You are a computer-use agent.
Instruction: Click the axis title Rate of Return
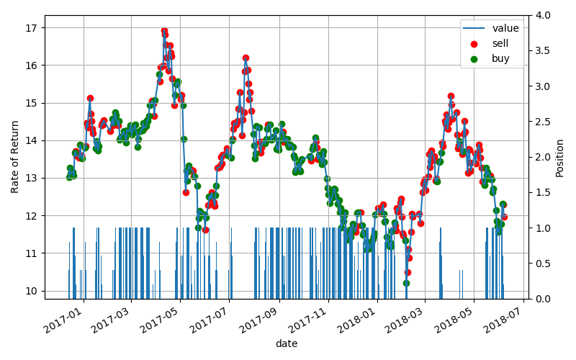[x=15, y=157]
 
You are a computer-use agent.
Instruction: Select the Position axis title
[x=560, y=157]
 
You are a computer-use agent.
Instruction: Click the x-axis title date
[x=286, y=344]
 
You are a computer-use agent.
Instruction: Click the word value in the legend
[x=505, y=29]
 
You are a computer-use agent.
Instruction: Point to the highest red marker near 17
[x=164, y=31]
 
